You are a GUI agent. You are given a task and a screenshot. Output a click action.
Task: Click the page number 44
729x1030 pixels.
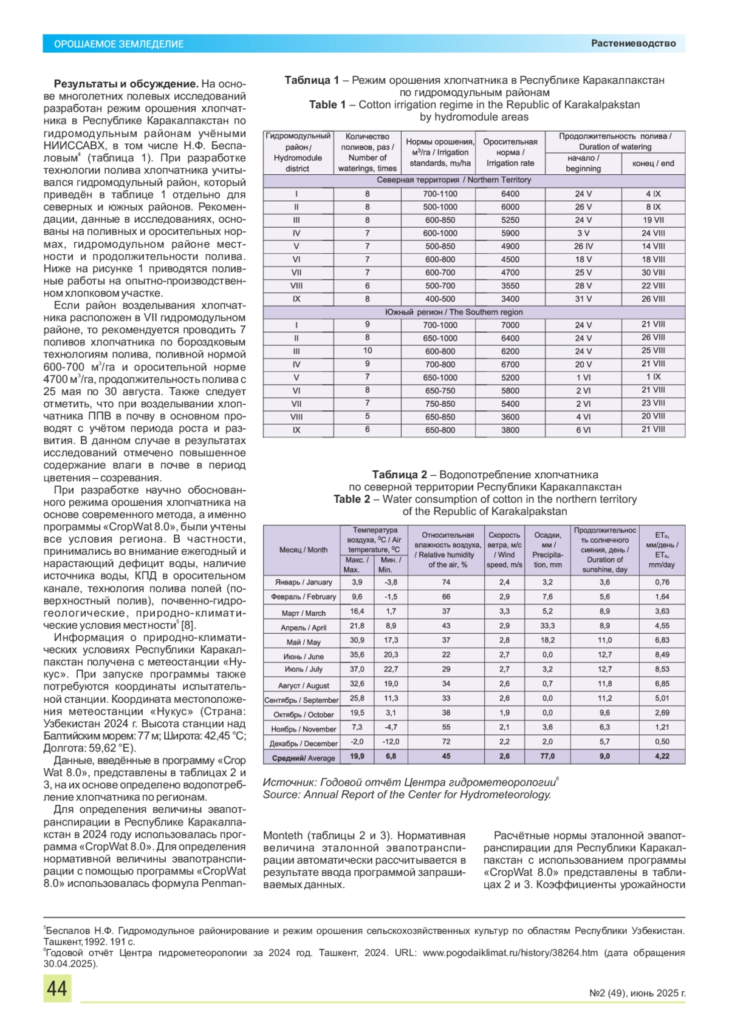point(57,989)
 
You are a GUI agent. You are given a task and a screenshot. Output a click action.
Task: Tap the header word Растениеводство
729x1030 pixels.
point(633,43)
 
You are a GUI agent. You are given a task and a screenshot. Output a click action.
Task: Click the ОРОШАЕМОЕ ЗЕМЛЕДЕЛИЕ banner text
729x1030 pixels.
point(119,44)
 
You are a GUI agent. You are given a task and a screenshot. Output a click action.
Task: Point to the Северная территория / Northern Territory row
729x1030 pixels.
point(453,180)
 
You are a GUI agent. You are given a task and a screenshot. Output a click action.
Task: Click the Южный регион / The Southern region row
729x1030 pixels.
point(453,312)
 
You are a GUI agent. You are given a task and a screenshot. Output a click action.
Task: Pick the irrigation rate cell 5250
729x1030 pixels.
point(510,220)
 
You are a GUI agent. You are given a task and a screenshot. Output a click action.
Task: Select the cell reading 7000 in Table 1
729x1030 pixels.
point(510,325)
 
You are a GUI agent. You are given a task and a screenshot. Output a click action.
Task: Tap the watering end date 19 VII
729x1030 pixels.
point(653,220)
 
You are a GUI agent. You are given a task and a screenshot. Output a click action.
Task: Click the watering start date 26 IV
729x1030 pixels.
point(583,246)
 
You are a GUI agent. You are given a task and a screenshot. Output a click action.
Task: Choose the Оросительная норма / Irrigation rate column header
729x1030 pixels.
point(510,152)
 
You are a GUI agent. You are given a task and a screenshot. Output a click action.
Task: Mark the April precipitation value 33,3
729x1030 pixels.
point(547,626)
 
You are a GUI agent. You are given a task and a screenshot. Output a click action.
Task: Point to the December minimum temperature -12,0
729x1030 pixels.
point(391,742)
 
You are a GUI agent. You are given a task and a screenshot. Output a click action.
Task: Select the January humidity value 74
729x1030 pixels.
point(446,582)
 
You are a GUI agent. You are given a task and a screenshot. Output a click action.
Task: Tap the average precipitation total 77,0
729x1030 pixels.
point(547,756)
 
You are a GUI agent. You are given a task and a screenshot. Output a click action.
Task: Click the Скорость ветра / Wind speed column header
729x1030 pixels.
point(504,550)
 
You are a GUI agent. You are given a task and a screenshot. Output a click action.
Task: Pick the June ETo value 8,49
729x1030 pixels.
point(662,655)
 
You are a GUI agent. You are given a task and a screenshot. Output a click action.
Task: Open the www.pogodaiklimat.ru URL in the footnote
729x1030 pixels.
point(510,953)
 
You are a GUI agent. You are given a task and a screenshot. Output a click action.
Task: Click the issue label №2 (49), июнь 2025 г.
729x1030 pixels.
point(637,994)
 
